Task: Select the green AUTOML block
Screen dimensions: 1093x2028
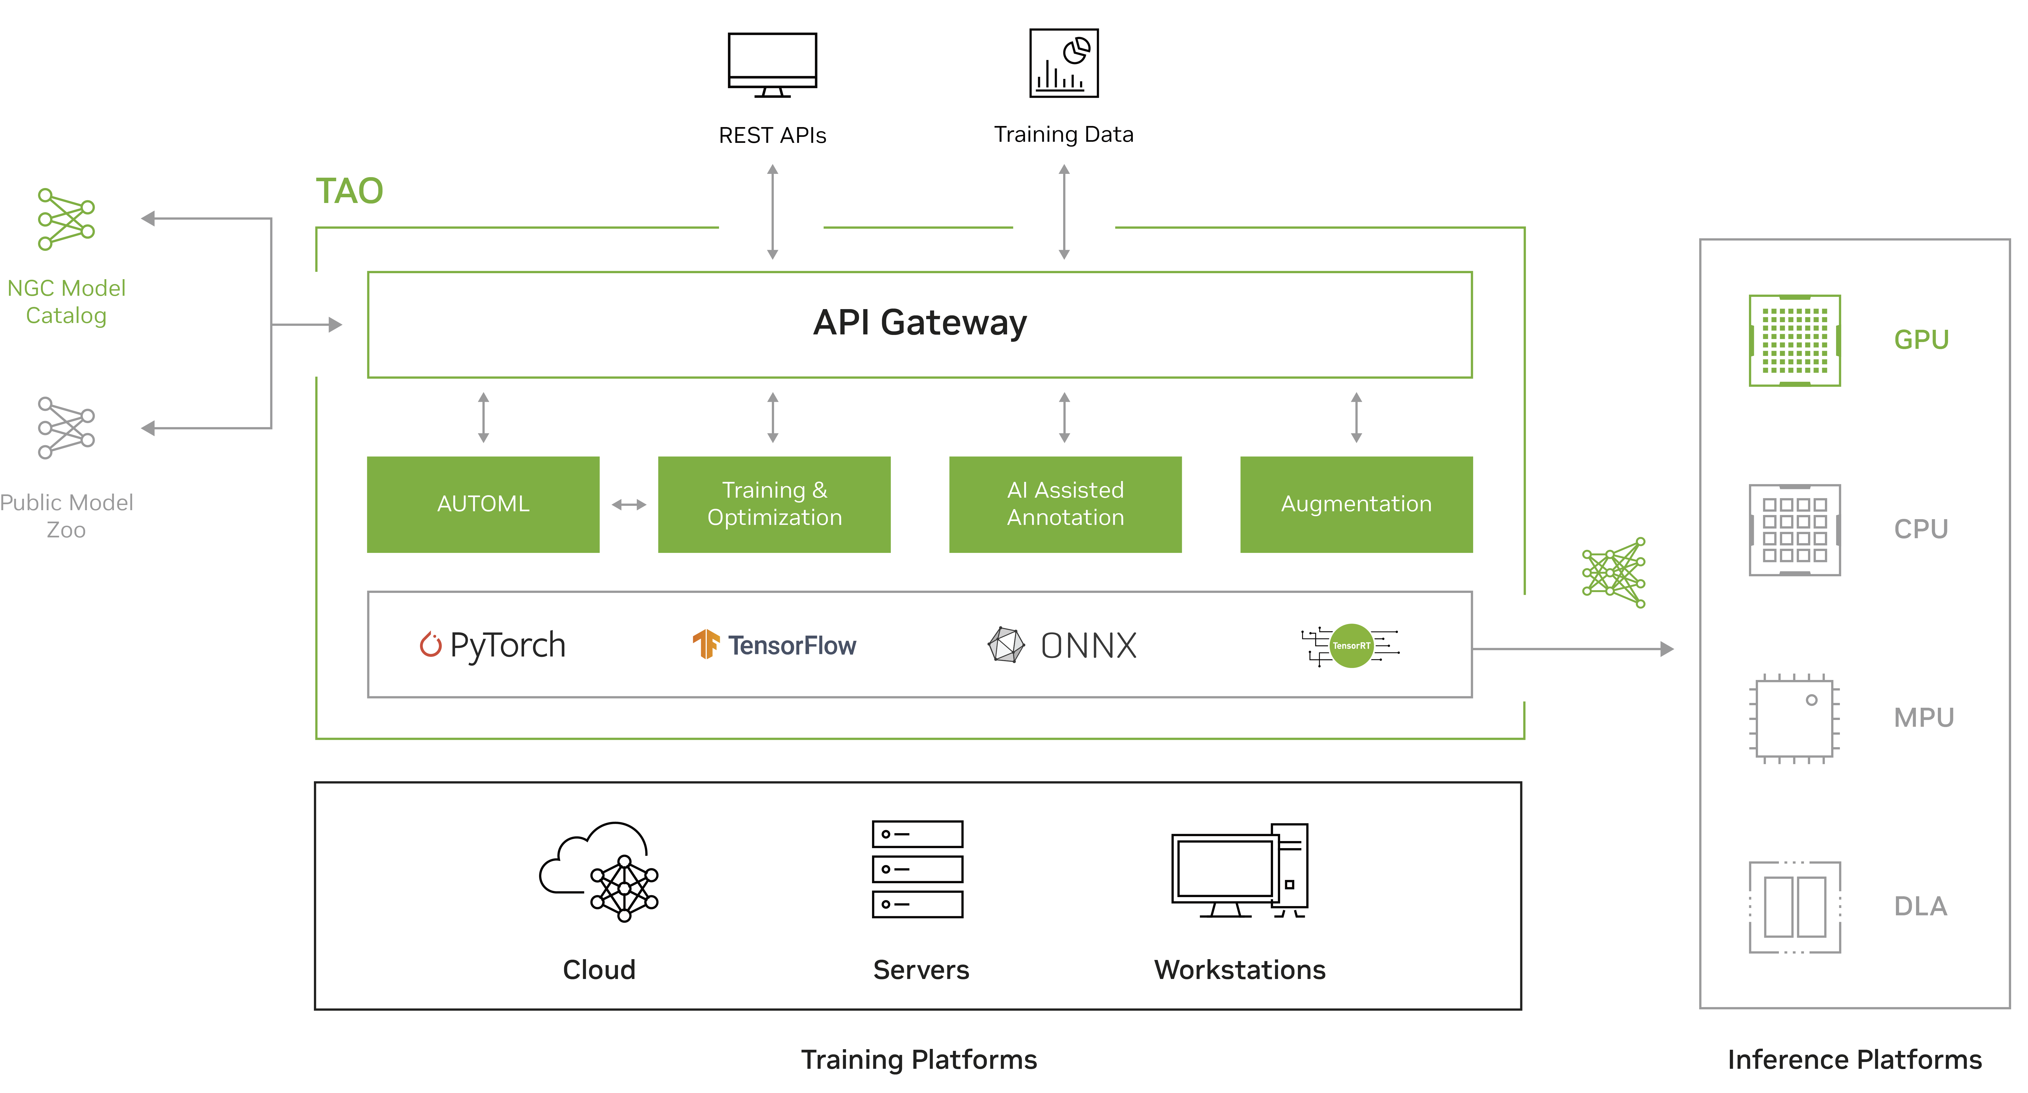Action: click(x=483, y=504)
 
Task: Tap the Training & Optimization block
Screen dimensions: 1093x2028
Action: click(x=774, y=504)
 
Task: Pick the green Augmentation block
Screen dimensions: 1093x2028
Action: click(x=1356, y=504)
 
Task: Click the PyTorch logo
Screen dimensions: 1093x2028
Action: click(x=492, y=645)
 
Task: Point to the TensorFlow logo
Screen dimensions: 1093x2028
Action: click(x=774, y=645)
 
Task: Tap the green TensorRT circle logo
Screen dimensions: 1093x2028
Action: click(x=1351, y=645)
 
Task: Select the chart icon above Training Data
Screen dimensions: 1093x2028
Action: click(x=1064, y=63)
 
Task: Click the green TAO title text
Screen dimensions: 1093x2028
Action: click(x=349, y=191)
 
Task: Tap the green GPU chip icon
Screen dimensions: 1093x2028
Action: click(x=1794, y=340)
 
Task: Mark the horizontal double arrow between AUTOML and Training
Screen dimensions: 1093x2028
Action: click(x=628, y=504)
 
